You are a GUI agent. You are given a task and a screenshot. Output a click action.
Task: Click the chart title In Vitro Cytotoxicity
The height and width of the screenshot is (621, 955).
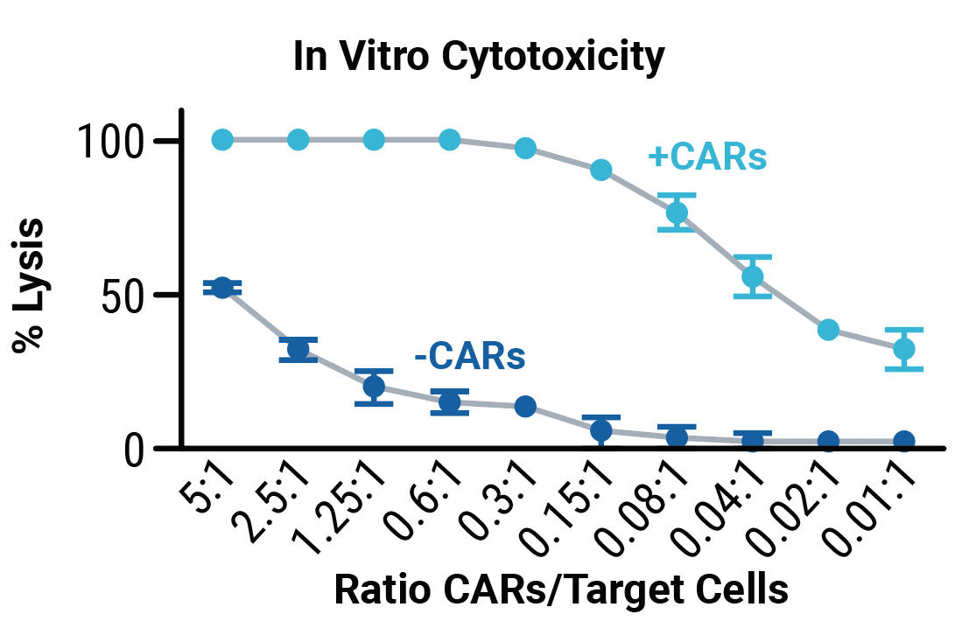(478, 59)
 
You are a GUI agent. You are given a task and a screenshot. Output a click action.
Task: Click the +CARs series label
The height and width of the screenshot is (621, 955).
(706, 157)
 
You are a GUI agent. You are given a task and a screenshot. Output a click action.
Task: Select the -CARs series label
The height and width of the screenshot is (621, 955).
(469, 357)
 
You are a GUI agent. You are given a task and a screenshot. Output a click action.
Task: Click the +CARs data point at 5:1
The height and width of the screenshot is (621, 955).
(222, 140)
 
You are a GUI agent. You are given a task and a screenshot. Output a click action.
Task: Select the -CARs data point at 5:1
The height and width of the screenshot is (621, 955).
(222, 288)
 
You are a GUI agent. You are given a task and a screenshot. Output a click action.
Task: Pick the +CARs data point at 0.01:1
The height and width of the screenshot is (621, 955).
(904, 349)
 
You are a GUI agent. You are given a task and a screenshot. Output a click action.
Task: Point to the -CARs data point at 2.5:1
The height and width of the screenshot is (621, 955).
(298, 350)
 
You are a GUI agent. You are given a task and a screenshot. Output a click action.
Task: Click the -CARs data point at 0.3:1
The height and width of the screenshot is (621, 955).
(525, 406)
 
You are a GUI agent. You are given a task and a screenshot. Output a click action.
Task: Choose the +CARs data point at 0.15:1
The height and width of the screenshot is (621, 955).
(601, 170)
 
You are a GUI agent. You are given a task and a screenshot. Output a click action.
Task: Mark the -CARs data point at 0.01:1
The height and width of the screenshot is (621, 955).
(904, 441)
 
